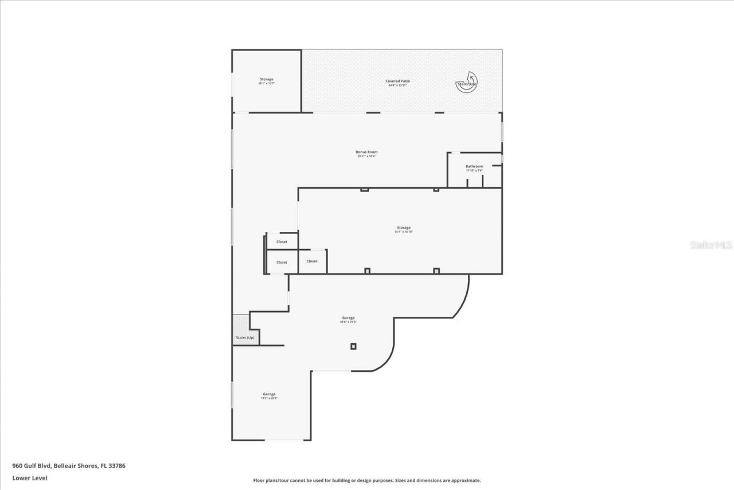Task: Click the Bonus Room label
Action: pos(366,152)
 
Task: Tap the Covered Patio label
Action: pos(397,81)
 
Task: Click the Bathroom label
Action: pos(474,166)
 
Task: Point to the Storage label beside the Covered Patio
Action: pos(266,79)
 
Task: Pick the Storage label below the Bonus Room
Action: pos(403,228)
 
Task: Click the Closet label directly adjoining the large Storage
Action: pos(312,261)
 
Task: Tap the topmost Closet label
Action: pos(282,242)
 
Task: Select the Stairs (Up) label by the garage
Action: pos(245,337)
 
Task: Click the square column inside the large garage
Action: pos(353,346)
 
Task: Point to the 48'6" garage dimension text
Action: pos(348,322)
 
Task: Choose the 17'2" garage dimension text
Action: pos(269,398)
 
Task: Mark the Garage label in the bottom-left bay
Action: pos(269,394)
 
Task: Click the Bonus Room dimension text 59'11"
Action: pos(366,156)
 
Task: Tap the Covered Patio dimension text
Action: pos(397,85)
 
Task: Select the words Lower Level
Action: pos(30,478)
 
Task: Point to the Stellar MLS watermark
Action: pos(711,245)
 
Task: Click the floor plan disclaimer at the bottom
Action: pos(367,480)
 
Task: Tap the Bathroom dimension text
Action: pos(474,170)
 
